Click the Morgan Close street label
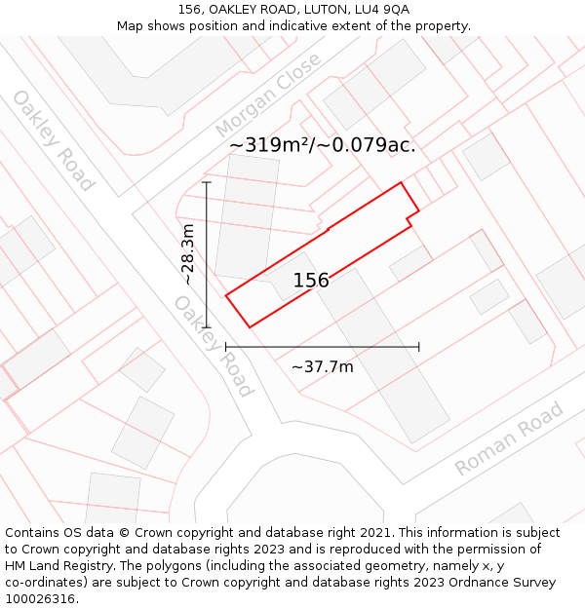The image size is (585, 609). click(x=268, y=95)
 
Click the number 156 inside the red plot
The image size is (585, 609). click(x=311, y=281)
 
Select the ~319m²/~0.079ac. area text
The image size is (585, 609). click(x=323, y=145)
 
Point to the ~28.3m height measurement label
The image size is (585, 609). click(x=188, y=254)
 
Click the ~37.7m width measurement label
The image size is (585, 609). click(x=323, y=366)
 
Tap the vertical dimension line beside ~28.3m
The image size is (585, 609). click(x=207, y=254)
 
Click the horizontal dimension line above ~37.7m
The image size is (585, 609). click(x=323, y=346)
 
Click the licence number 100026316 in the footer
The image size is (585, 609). click(x=40, y=599)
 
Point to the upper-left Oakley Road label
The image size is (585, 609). click(x=53, y=140)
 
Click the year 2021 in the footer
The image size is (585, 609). click(x=374, y=533)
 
